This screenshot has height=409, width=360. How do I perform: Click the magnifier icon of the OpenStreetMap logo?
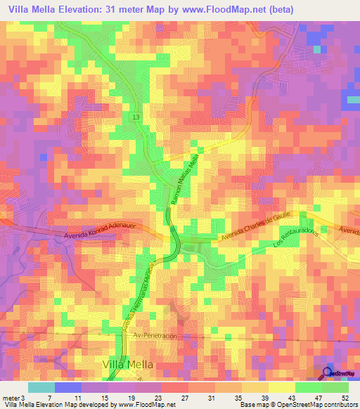tap(328, 373)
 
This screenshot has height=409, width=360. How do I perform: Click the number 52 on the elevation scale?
tap(344, 398)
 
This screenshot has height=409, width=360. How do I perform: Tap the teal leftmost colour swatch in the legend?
tap(41, 387)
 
